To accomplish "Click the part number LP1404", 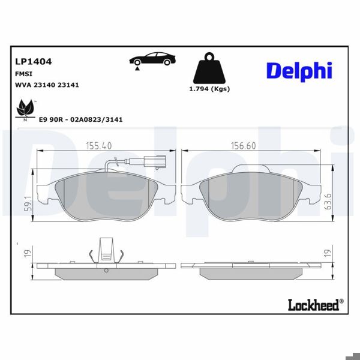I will click(x=33, y=61).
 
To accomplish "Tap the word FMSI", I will click(x=23, y=73).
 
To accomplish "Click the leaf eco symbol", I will click(x=25, y=109).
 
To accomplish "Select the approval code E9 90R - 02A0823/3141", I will click(x=80, y=119).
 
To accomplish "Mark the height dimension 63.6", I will click(x=328, y=202).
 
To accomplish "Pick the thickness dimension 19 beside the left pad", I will click(x=27, y=254).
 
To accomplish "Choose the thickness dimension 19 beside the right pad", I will click(x=327, y=254).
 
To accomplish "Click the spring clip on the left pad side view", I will click(x=106, y=251).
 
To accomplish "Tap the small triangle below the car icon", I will click(x=137, y=70).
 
